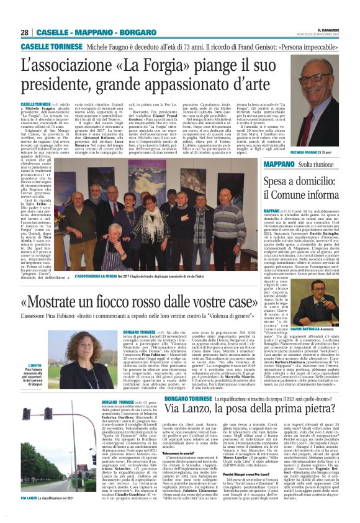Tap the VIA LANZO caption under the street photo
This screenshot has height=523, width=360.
point(30,498)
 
